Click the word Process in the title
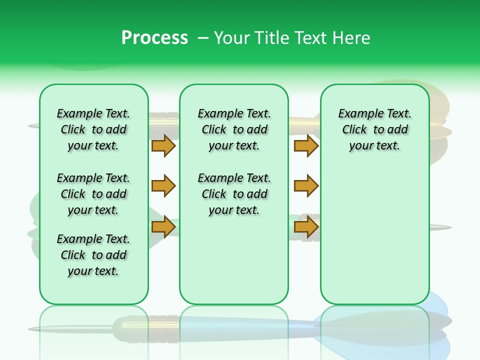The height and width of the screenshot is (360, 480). (x=154, y=37)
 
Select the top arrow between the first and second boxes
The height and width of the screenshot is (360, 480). (x=163, y=145)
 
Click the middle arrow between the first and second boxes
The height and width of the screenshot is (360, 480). (x=163, y=186)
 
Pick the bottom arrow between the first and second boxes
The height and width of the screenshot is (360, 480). (x=163, y=227)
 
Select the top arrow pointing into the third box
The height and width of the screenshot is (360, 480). (x=306, y=145)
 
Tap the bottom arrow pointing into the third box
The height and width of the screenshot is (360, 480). (x=306, y=227)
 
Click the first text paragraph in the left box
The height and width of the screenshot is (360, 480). (x=93, y=129)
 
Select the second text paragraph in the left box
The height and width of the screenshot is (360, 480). (x=93, y=194)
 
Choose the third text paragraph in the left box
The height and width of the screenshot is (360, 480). (x=93, y=255)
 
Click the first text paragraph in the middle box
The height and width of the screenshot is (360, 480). (x=234, y=129)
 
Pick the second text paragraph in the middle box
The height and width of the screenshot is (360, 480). (x=234, y=194)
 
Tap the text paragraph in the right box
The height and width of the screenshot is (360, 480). (x=374, y=129)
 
